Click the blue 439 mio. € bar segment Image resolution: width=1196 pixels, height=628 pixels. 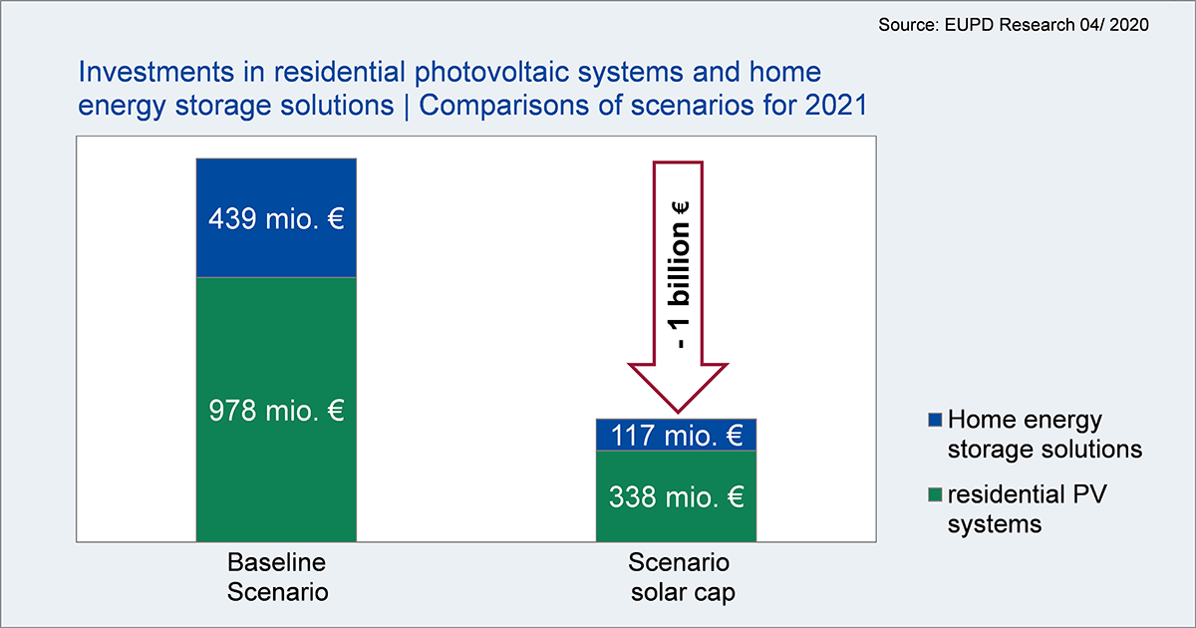(276, 218)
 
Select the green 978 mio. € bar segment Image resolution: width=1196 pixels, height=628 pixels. (276, 410)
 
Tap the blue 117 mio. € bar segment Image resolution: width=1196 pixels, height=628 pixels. (676, 435)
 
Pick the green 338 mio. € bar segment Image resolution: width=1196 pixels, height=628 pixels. (676, 496)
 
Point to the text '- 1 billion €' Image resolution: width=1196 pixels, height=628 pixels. (679, 275)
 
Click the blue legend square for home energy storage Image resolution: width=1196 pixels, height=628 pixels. (935, 420)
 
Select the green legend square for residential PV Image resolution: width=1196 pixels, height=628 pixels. (935, 494)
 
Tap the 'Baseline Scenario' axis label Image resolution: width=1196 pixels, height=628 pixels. (277, 577)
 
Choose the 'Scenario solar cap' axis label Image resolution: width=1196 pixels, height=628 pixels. (681, 577)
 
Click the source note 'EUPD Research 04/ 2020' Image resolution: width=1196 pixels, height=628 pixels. (1046, 25)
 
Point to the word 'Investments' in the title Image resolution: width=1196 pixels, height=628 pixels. (156, 72)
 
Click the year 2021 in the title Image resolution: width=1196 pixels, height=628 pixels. (836, 105)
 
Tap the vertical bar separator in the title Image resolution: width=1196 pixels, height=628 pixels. (407, 106)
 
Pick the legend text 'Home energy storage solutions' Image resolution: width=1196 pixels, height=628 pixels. (1045, 435)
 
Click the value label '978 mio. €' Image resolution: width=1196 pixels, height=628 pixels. (276, 411)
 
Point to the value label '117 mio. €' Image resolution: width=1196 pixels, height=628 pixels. (677, 436)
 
